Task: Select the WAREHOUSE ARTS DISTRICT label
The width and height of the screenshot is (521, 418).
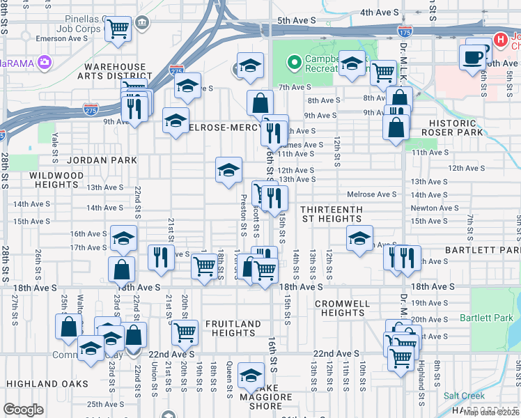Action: click(x=116, y=72)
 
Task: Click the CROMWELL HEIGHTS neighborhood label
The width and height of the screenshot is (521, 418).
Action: click(x=339, y=309)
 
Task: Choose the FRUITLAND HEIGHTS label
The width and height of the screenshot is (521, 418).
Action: click(x=233, y=329)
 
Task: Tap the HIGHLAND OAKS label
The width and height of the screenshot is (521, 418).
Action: click(x=47, y=384)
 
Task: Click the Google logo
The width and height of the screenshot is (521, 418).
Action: click(x=23, y=410)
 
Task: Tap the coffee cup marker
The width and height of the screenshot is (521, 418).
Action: click(x=473, y=56)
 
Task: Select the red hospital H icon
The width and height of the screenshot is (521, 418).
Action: click(x=499, y=39)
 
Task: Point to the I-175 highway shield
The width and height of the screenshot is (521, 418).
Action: click(x=405, y=31)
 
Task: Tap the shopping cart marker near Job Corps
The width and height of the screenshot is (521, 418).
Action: click(x=118, y=29)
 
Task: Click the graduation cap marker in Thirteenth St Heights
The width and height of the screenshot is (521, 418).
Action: click(x=359, y=238)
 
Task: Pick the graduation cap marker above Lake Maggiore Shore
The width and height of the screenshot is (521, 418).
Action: click(x=251, y=376)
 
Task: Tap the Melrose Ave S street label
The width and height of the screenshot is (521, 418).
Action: click(x=377, y=194)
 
